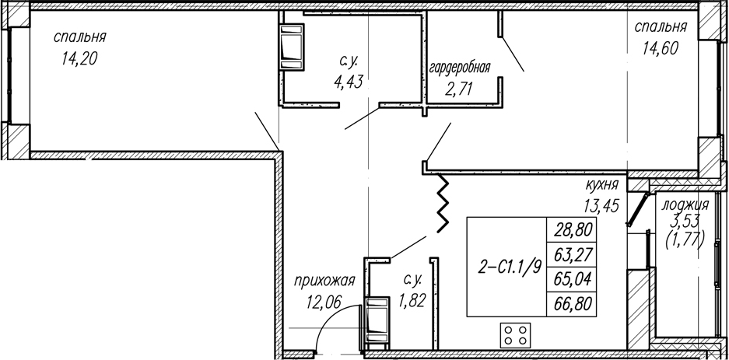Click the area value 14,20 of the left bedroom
(79, 59)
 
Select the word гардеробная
(460, 68)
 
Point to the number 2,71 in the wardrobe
(460, 88)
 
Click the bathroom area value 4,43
(347, 82)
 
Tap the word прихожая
(324, 281)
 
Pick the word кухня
(601, 185)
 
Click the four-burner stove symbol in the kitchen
(516, 335)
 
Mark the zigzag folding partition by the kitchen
(443, 203)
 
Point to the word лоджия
(685, 205)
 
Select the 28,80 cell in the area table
(571, 230)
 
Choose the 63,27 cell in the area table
(571, 254)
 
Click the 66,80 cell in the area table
(571, 304)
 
